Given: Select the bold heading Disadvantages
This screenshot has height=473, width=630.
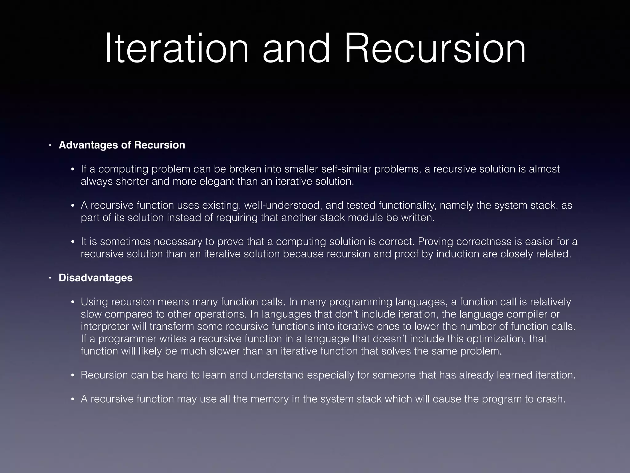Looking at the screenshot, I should click(x=96, y=278).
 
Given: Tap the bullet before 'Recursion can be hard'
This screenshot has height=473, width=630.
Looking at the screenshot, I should click(x=73, y=375).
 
